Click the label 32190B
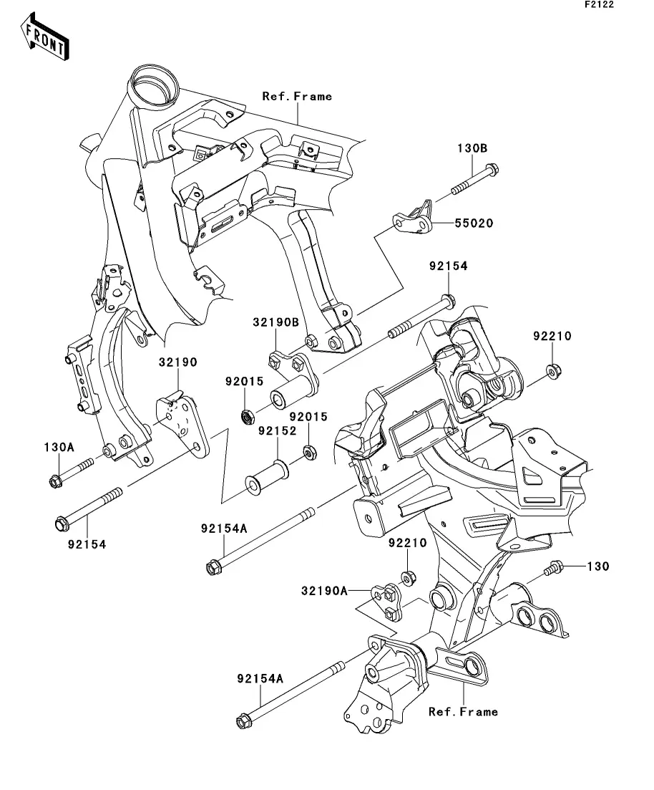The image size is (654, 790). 275,322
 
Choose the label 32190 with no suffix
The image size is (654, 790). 177,362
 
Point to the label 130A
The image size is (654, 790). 57,447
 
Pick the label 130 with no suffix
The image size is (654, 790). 598,566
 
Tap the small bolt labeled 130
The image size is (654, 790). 553,569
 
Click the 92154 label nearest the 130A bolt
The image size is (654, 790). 87,544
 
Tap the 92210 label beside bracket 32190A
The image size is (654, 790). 407,544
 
